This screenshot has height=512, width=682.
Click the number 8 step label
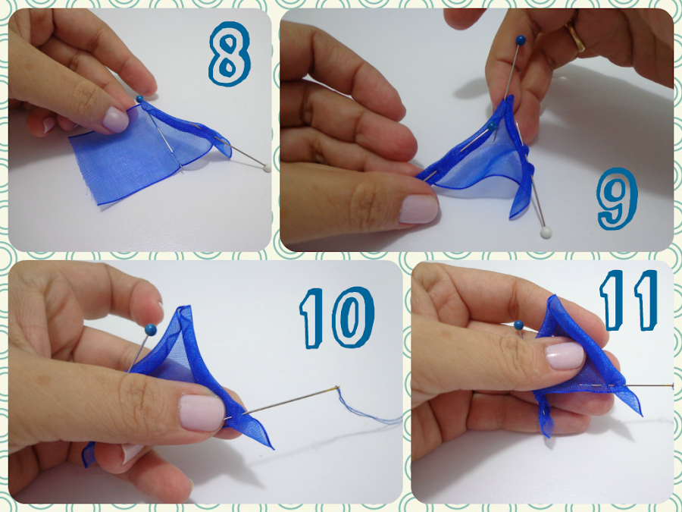pos(229,53)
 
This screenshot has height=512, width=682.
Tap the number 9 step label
pos(618,199)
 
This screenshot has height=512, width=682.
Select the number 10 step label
pos(336,317)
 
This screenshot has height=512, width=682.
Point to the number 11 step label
pos(628,300)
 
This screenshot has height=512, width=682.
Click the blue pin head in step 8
pos(139,99)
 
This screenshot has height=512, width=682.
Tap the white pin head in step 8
pos(267,168)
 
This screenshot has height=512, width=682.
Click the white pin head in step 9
pos(546,232)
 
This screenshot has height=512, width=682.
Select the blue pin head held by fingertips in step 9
pos(521,40)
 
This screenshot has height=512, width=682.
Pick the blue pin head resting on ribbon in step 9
pos(492,126)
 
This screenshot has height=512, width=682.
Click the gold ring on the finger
pos(575,36)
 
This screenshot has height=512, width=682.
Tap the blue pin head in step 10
pos(151,330)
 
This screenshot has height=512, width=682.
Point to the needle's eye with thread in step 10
pos(336,388)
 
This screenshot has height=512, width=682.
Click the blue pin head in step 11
pos(518,325)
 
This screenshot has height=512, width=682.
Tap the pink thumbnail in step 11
pos(565,356)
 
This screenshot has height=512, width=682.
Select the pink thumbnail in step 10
pos(202,413)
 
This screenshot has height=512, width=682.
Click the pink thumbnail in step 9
pos(418,209)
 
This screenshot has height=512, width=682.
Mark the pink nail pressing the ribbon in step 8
pos(115,120)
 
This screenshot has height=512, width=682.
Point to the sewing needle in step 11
pos(627,385)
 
